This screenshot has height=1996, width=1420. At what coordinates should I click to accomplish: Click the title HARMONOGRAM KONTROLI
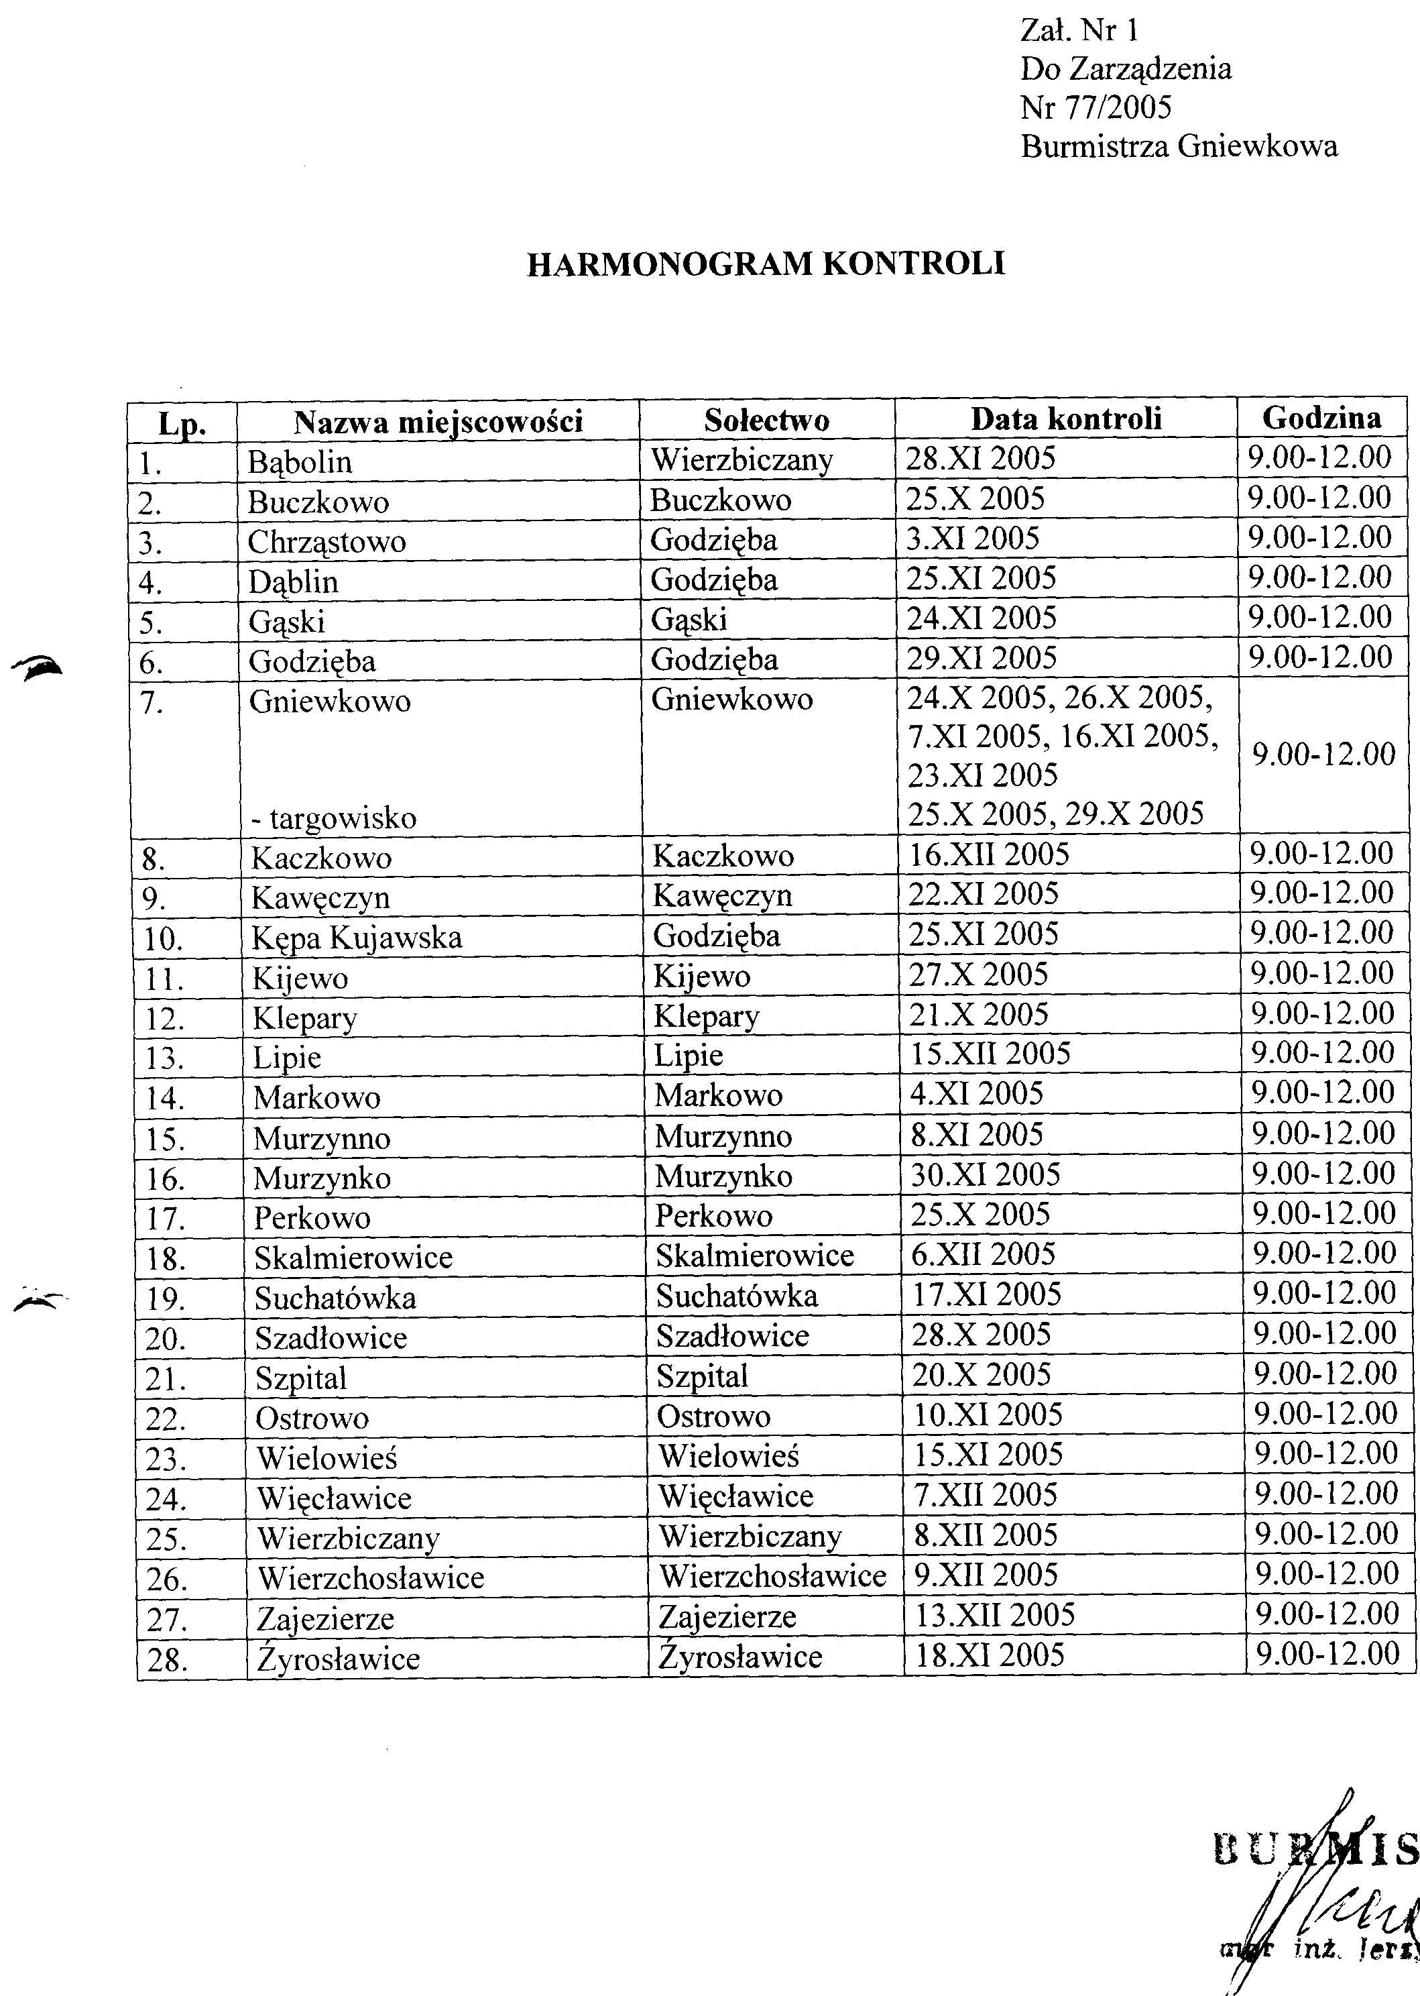(x=766, y=264)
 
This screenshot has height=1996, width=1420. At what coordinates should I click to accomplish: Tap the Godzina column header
(x=1321, y=418)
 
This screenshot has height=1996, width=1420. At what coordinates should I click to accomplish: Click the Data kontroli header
(x=1066, y=419)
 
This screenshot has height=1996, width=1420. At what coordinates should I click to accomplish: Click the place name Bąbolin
(x=299, y=462)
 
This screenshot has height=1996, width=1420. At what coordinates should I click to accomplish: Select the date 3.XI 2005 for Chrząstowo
(x=972, y=538)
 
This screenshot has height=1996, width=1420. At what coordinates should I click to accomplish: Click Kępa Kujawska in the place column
(x=357, y=938)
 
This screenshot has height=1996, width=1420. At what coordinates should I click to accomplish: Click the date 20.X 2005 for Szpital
(x=981, y=1374)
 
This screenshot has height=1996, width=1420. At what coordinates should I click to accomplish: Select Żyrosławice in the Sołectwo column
(x=739, y=1657)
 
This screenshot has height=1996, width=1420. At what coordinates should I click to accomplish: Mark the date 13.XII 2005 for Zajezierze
(x=994, y=1614)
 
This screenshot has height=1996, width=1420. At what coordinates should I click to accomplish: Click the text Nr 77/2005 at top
(x=1096, y=107)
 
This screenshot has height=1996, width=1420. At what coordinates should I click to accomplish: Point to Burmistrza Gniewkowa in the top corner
(x=1179, y=146)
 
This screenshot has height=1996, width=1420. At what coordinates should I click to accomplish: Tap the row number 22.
(x=166, y=1419)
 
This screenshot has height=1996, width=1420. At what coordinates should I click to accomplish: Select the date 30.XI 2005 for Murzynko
(x=986, y=1174)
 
